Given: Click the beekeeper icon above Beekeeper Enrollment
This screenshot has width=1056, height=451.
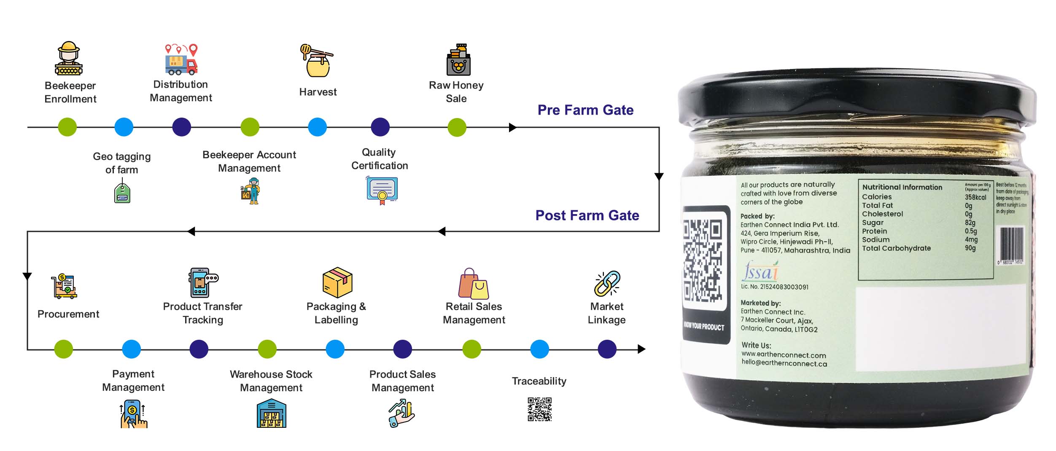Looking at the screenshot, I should pos(69,59).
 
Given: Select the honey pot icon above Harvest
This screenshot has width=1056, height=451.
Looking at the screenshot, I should pos(317,61).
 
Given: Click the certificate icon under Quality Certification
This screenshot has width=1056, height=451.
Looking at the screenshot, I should pos(382,190).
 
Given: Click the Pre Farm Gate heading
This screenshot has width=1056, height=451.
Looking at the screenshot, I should pos(585,110).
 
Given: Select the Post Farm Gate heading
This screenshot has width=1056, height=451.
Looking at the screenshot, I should pos(587,215).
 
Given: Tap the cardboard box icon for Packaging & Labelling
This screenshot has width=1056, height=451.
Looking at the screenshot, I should pos(337,282).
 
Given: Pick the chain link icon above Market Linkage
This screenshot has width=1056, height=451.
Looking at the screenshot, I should pos(607,284).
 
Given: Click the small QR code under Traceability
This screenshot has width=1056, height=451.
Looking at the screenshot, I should pos(539,409).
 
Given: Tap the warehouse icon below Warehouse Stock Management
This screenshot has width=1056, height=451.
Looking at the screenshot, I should pos(271,413).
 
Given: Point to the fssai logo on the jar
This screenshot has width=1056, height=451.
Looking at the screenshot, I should pos(760,271).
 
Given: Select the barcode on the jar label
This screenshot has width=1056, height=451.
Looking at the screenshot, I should pos(1011,244).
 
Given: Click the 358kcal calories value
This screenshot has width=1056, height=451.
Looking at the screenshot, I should pos(975,197).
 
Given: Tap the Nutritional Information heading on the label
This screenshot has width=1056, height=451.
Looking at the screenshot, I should pos(902,187).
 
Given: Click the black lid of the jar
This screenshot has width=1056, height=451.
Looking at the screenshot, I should pos(856,101).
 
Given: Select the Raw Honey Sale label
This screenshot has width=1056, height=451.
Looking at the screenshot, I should pos(456,92).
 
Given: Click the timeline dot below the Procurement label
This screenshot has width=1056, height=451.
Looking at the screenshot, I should pos(64,349).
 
